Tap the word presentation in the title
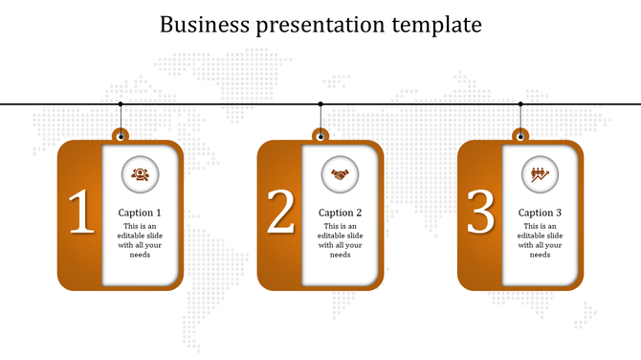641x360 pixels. (316, 25)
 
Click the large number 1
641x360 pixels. (80, 213)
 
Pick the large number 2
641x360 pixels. (280, 213)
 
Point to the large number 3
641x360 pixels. (480, 213)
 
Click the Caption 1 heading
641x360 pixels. (140, 213)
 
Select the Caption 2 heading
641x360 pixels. (340, 213)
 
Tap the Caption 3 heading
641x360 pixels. (540, 213)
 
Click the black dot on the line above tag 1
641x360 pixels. (121, 103)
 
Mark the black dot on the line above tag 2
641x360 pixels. (320, 103)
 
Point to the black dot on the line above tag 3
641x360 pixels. (520, 103)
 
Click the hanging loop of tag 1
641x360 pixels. (121, 135)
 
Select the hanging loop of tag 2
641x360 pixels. (320, 135)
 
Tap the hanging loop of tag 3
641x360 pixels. (520, 135)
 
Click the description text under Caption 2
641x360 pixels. (340, 240)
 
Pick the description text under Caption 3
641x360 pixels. (540, 240)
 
